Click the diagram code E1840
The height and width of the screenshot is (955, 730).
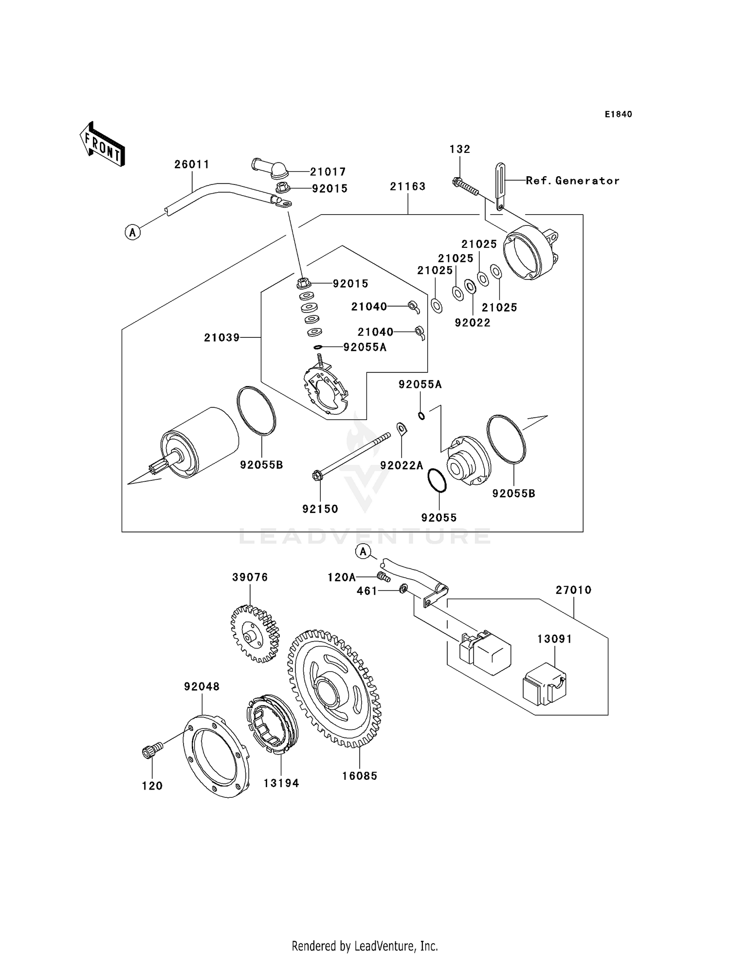point(618,114)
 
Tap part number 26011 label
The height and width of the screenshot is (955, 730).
point(192,165)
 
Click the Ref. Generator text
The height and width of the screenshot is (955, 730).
point(572,181)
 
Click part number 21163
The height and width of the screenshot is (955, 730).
point(407,186)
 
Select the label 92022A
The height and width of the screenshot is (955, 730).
point(401,465)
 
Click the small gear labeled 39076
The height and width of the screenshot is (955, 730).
point(255,633)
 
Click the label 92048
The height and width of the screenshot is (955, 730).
point(201,687)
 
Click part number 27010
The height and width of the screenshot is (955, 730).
point(573,590)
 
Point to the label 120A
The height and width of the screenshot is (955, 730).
point(341,577)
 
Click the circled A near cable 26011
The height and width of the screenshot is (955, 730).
point(132,233)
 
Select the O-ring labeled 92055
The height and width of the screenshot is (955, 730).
point(437,480)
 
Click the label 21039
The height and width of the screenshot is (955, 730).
point(221,337)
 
